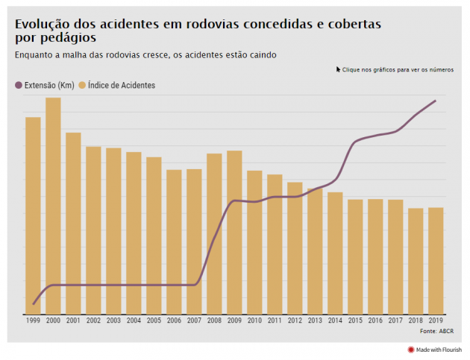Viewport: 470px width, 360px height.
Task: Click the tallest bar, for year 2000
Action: click(53, 206)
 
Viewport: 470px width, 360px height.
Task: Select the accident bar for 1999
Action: click(33, 215)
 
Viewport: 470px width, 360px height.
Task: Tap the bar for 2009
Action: click(234, 233)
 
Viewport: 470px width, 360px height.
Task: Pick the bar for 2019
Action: click(436, 261)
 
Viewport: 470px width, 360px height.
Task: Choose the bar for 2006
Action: click(174, 242)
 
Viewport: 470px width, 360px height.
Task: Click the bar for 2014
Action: click(335, 253)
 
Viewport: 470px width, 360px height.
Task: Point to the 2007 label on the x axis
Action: click(194, 320)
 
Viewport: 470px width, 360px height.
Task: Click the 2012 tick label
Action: click(295, 320)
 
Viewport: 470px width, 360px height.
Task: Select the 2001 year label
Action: click(73, 320)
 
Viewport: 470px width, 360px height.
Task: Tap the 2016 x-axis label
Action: click(375, 320)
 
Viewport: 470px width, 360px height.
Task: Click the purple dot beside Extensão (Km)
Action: click(19, 86)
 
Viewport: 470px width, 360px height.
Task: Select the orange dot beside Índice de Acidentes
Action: click(82, 86)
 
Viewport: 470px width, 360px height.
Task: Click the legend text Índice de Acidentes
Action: click(122, 86)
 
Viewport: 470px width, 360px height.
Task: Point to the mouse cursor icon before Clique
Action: click(338, 69)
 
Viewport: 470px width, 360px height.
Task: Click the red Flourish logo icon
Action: click(410, 350)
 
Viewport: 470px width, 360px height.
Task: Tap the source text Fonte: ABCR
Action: click(436, 331)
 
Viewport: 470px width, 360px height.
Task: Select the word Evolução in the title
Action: click(43, 25)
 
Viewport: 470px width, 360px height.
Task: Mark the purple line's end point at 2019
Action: click(436, 101)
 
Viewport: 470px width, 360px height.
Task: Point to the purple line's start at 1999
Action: click(34, 304)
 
